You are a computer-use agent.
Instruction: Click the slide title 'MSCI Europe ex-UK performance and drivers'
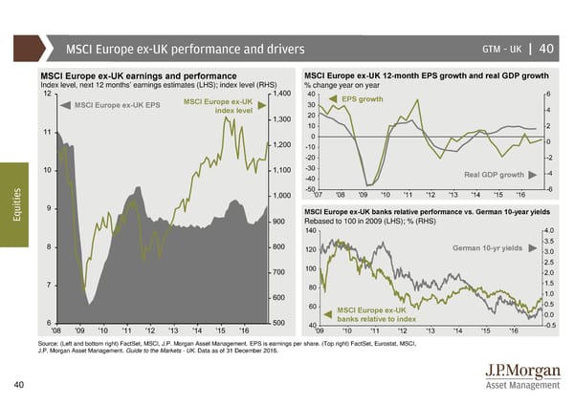click(x=185, y=49)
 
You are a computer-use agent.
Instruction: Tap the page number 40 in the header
click(x=546, y=49)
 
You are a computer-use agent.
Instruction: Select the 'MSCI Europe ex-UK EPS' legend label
click(x=117, y=104)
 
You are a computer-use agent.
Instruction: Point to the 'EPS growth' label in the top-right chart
click(x=363, y=99)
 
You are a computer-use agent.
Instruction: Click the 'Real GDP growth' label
click(x=494, y=175)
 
